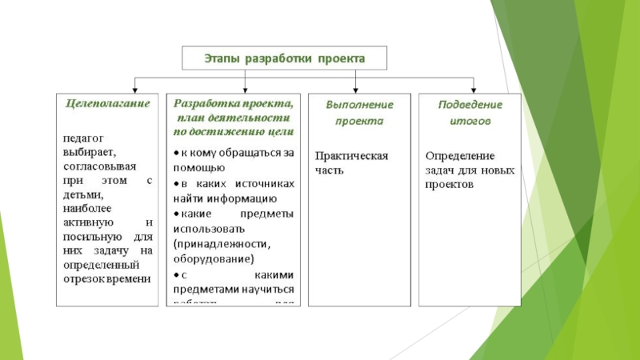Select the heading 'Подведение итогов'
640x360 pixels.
[470, 113]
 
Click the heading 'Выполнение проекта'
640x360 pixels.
[359, 113]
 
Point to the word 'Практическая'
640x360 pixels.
[351, 155]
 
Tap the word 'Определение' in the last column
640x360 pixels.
[459, 155]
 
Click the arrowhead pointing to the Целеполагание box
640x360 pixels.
[135, 88]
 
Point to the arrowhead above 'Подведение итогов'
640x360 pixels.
[474, 88]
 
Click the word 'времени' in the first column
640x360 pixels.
[130, 278]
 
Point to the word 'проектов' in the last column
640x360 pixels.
[450, 184]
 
